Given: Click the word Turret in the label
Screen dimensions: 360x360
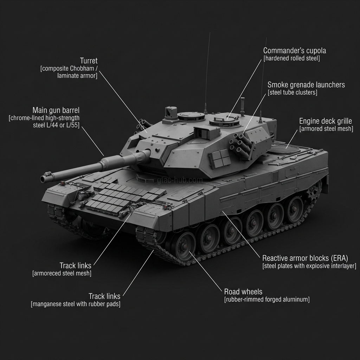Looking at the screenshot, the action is [89, 61].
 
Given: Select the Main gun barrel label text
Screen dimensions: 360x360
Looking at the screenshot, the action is [56, 110].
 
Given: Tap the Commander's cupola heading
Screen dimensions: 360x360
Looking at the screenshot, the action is [295, 51].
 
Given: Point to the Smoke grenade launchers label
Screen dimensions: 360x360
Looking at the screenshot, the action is [306, 85].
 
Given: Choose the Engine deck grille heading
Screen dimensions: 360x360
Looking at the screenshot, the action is [326, 121].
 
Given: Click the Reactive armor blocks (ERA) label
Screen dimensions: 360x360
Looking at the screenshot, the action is [305, 258].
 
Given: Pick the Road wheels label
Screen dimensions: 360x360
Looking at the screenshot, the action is [243, 291].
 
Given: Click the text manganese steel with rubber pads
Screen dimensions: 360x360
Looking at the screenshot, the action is [76, 304].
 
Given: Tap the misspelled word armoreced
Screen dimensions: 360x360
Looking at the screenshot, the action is [50, 273].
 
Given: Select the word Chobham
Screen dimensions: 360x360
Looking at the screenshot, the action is [82, 69].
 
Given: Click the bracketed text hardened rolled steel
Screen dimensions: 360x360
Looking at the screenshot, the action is [291, 58].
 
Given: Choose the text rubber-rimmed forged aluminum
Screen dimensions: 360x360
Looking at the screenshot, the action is [267, 300].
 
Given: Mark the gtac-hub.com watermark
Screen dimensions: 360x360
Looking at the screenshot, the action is [180, 180].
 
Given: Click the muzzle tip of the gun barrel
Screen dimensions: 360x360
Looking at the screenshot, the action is [43, 179].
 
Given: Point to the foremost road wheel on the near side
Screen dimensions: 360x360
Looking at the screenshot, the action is [184, 246].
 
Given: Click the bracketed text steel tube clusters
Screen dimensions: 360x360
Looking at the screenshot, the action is [292, 92].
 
